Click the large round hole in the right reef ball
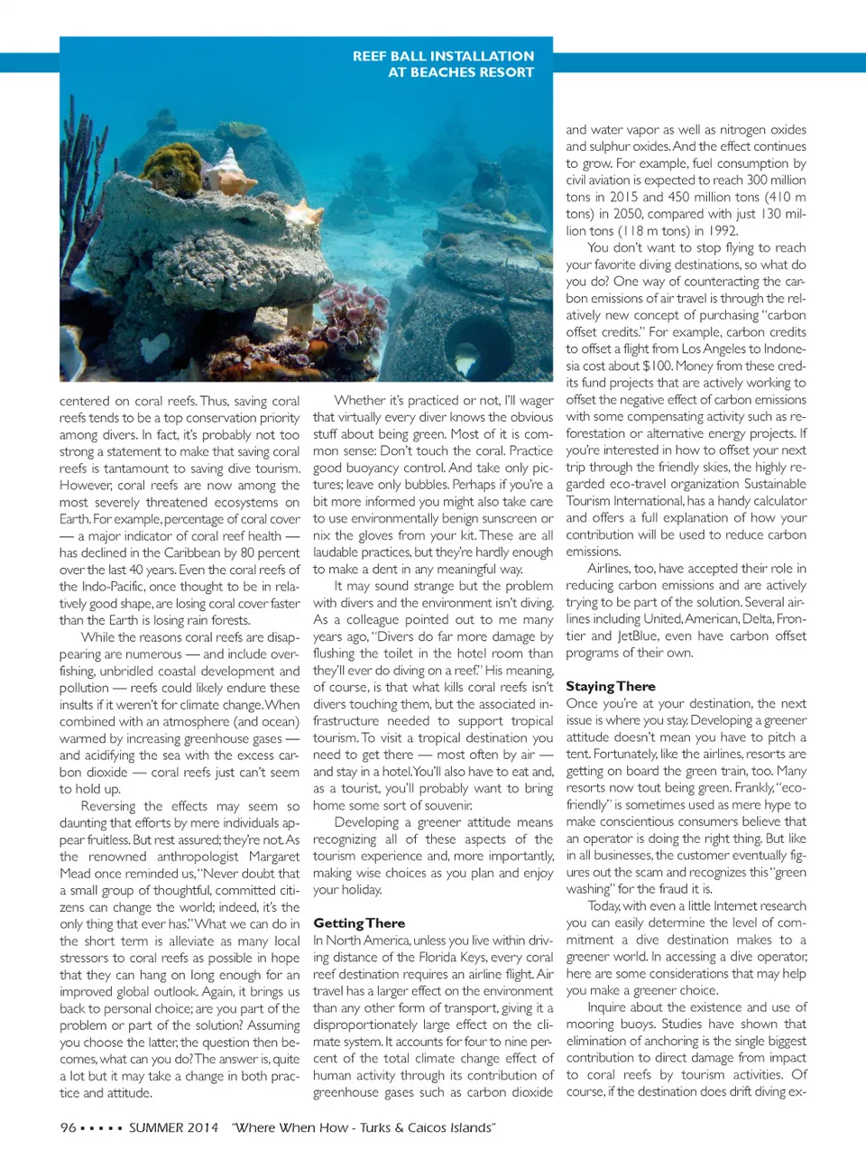[x=479, y=347]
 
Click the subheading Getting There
[x=359, y=923]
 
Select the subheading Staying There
[x=611, y=686]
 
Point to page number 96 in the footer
[x=68, y=1127]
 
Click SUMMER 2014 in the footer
[x=173, y=1127]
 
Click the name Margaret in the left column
[x=272, y=857]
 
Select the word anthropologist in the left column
[x=198, y=857]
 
